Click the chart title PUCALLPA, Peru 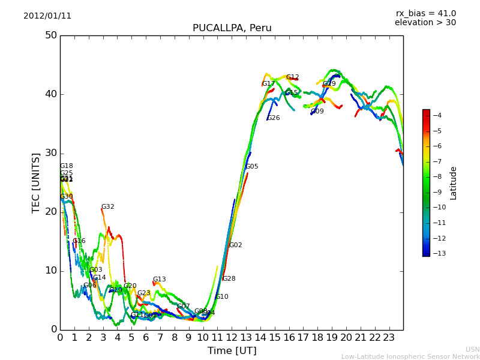click(232, 28)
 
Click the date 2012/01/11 click(47, 16)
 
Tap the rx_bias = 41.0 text click(425, 14)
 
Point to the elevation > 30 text click(425, 23)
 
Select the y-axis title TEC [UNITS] click(36, 182)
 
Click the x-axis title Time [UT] click(232, 350)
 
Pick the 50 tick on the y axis click(50, 35)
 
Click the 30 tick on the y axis click(50, 153)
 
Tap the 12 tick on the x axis click(232, 337)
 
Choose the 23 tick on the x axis click(389, 337)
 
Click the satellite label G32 click(107, 207)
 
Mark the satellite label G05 click(251, 167)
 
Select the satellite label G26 click(273, 118)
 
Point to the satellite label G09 click(317, 112)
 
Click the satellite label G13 click(159, 280)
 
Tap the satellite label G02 click(235, 245)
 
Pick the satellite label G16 click(79, 241)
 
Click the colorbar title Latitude click(454, 183)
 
